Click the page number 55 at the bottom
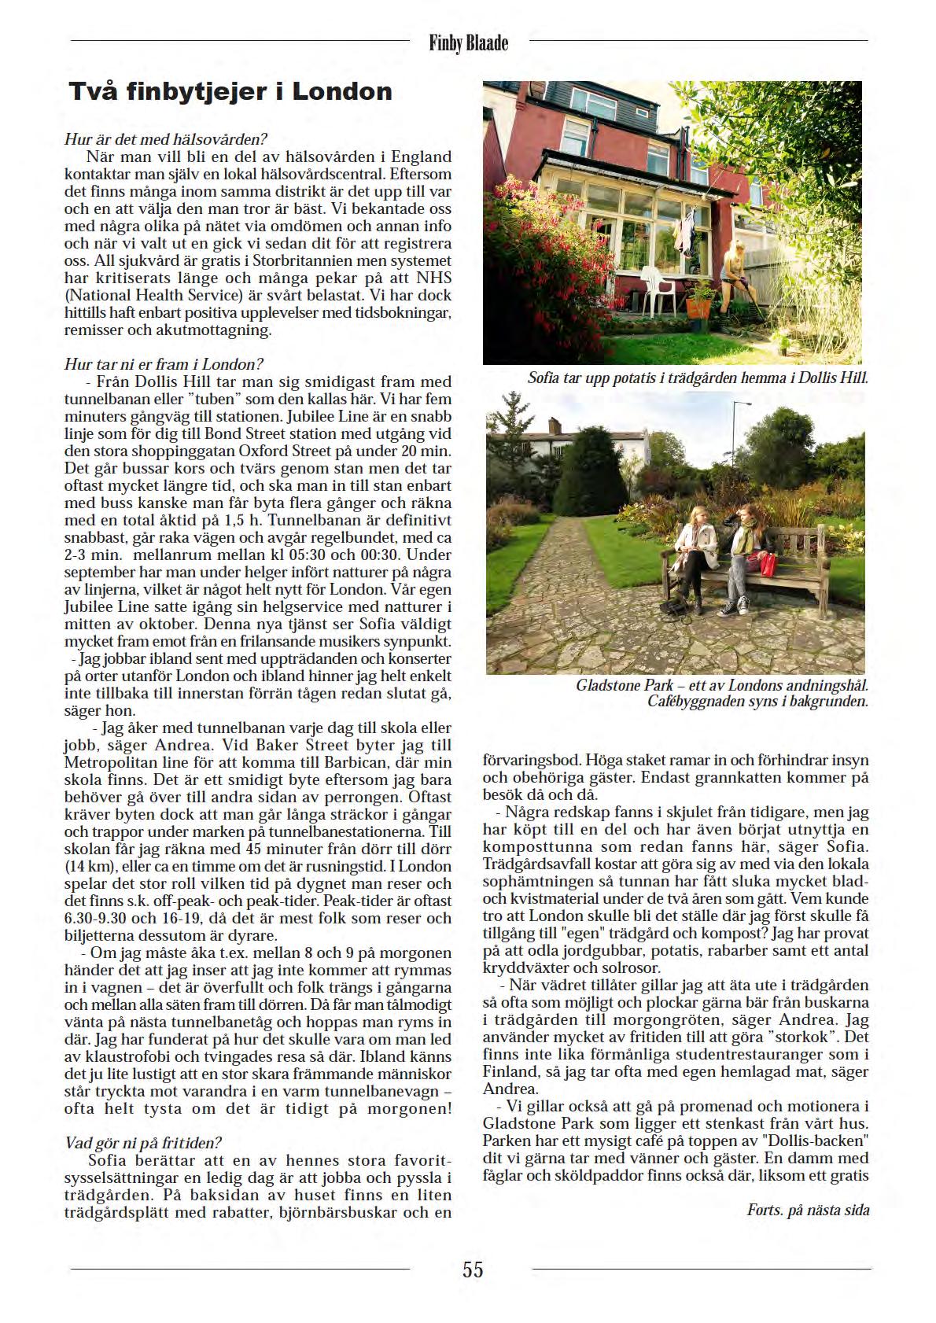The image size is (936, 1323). point(473,1269)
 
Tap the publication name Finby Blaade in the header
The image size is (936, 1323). point(469,42)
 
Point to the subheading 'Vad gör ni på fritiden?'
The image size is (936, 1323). point(142,1142)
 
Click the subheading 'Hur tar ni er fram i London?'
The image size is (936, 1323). point(164,364)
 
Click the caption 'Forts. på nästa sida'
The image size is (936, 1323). point(808,1210)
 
